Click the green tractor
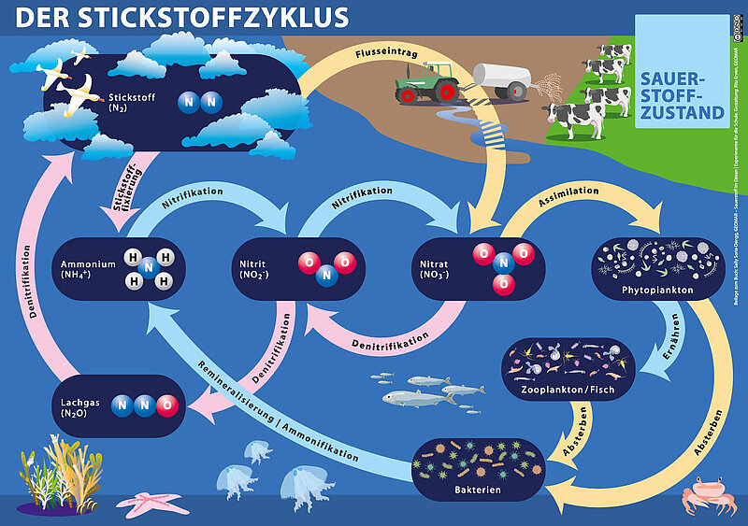coord(425,82)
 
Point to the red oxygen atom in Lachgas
coord(166,405)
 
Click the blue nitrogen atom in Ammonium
coord(147,269)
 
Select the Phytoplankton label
coord(656,290)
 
